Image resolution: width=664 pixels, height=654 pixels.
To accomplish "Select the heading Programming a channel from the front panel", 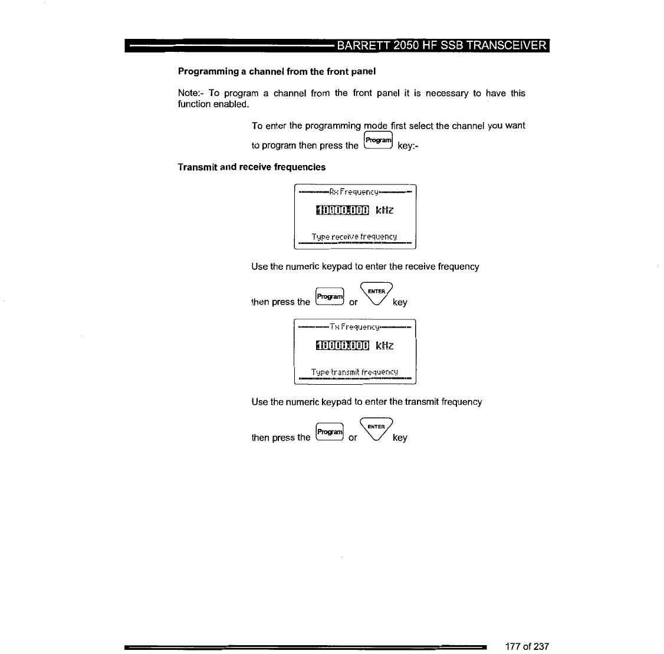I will coord(277,71).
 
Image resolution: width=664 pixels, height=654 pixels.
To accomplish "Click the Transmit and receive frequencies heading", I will coord(251,167).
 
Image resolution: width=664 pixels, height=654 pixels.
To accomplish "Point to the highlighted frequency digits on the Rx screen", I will coord(343,210).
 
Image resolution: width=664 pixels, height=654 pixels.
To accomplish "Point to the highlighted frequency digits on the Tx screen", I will coord(343,345).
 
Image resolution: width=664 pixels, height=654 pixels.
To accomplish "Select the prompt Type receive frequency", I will coord(354,237).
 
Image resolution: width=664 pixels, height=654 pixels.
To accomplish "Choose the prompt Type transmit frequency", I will coord(354,372).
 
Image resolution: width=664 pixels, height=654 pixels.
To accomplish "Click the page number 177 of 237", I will coord(527,646).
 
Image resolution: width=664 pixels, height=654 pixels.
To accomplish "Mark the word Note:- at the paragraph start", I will coord(190,93).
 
